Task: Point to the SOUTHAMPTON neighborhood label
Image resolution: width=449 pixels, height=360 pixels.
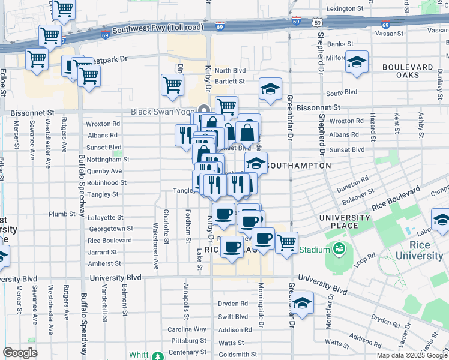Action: click(298, 165)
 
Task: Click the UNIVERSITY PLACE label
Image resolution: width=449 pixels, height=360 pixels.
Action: click(345, 221)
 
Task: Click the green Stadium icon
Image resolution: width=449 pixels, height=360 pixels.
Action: click(339, 249)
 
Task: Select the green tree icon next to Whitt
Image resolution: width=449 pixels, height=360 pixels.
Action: click(157, 356)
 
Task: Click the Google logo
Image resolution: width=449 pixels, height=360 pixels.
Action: click(20, 352)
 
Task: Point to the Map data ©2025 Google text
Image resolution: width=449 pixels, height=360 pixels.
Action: click(411, 355)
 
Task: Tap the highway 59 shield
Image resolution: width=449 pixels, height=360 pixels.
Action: click(316, 22)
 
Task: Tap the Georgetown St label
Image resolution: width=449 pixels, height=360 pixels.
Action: click(110, 229)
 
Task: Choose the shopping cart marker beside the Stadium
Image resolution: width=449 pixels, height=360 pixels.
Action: click(286, 243)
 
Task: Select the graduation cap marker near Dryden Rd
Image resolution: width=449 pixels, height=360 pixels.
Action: click(303, 304)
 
